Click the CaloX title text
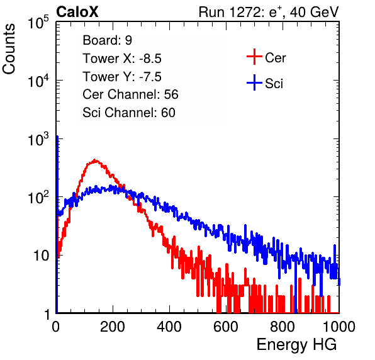[x=77, y=12]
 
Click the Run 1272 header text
[x=269, y=12]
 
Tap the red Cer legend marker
[x=254, y=57]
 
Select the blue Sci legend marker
[x=254, y=82]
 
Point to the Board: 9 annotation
[x=108, y=40]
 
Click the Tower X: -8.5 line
[x=122, y=59]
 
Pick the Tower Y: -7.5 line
[x=122, y=77]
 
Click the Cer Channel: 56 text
[x=130, y=94]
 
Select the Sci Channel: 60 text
[x=129, y=113]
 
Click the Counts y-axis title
[x=9, y=49]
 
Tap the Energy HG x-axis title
[x=296, y=345]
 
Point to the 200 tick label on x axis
[x=113, y=327]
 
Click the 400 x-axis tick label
[x=169, y=327]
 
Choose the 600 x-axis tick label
[x=226, y=327]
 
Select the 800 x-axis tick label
[x=283, y=327]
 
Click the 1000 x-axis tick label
[x=339, y=327]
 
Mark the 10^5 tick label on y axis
[x=38, y=22]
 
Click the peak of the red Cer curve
[x=95, y=160]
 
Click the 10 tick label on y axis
[x=42, y=256]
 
